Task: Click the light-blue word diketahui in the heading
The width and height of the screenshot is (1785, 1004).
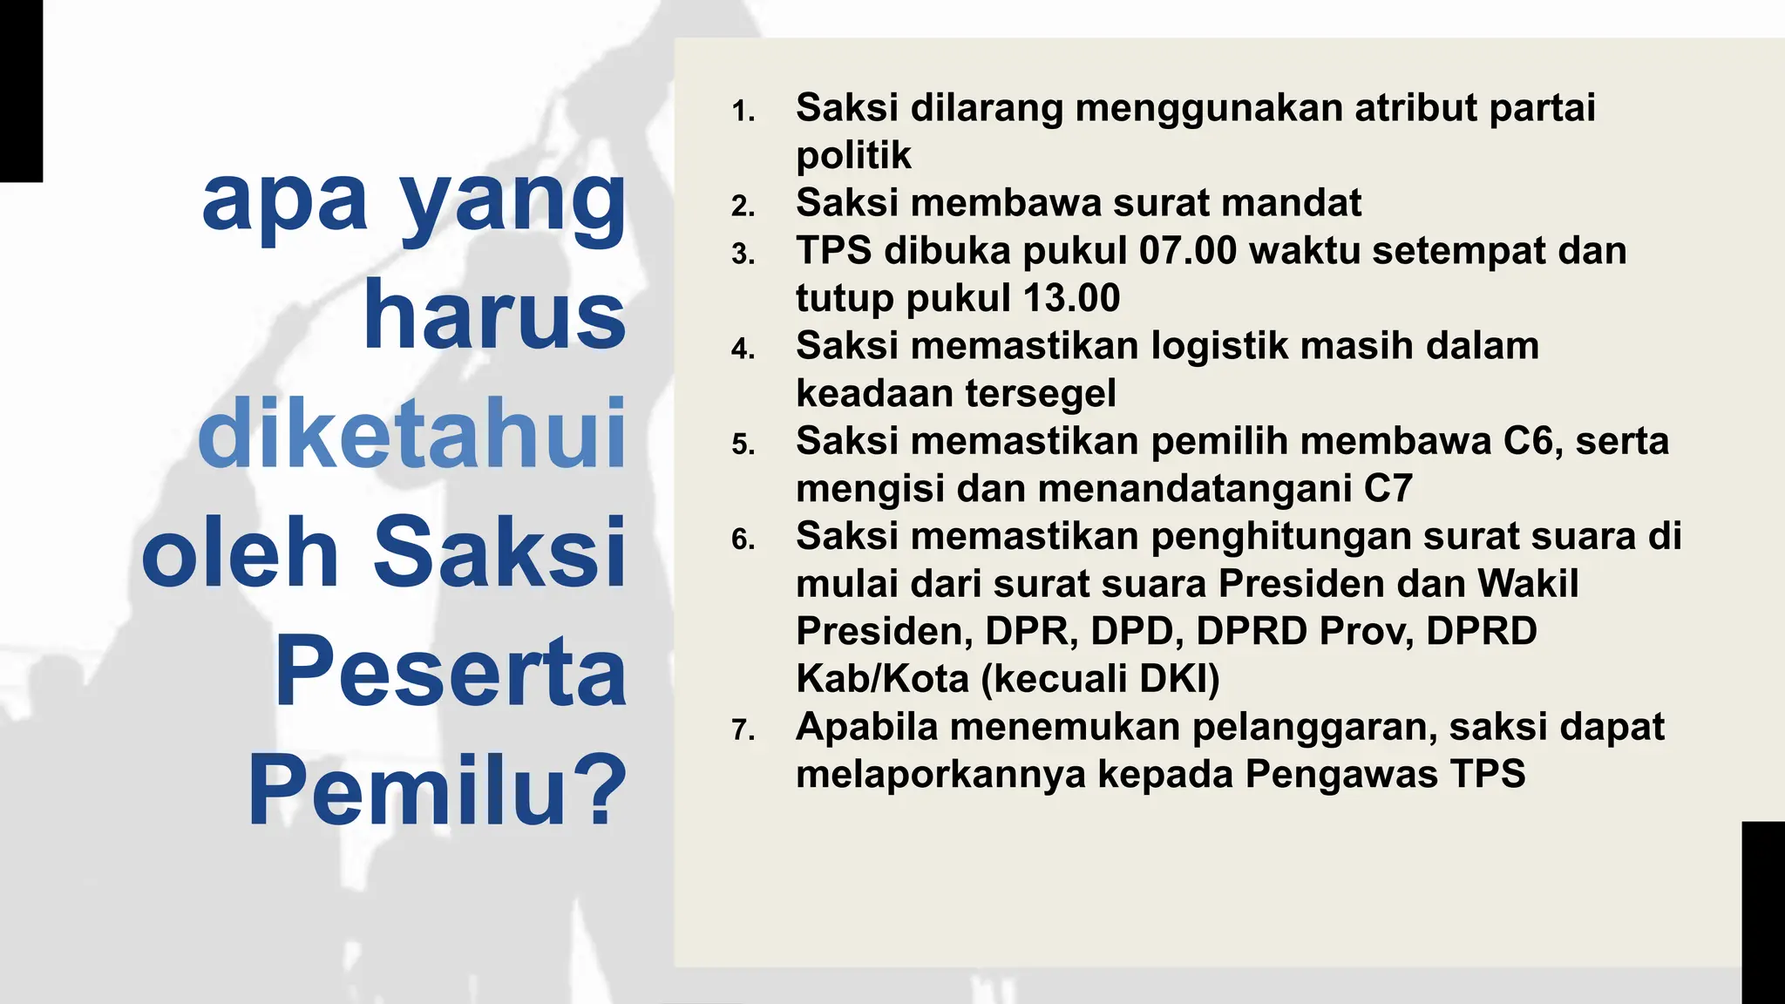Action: [411, 433]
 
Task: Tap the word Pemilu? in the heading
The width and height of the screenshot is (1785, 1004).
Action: [438, 791]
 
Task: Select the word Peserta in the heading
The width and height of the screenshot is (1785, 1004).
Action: [451, 672]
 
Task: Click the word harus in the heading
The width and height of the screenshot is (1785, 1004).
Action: [494, 315]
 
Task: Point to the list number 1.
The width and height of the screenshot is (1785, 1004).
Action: [743, 112]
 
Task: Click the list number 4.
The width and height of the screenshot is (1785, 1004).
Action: [743, 349]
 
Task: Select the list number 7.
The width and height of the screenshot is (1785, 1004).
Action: [743, 730]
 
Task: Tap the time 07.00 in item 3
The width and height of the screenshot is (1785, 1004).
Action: [1188, 251]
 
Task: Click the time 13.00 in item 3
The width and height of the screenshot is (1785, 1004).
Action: [1071, 298]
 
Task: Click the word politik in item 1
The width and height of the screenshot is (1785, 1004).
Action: [853, 156]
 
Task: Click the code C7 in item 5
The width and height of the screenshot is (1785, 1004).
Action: [1388, 489]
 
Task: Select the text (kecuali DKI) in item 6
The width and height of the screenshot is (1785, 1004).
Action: [1101, 679]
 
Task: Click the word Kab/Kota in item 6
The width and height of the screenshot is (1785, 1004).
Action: [882, 679]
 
